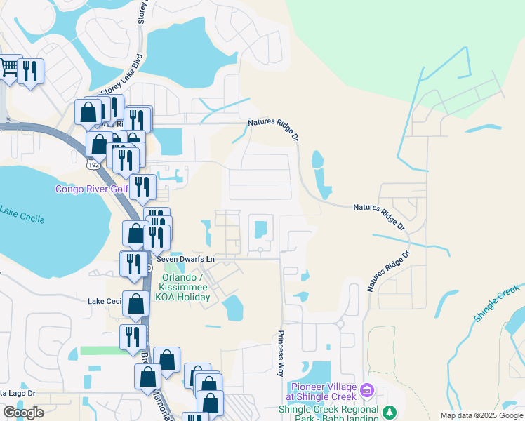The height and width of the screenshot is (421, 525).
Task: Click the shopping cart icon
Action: click(x=8, y=69)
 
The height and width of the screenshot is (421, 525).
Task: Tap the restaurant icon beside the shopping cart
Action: click(x=30, y=72)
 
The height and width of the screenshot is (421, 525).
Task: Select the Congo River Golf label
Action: click(x=91, y=189)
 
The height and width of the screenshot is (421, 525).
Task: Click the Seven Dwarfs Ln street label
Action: click(x=185, y=259)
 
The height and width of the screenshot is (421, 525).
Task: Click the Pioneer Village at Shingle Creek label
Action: click(x=322, y=390)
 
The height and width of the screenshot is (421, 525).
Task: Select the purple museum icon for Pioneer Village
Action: click(x=366, y=390)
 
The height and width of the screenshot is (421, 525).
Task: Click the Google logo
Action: click(x=23, y=413)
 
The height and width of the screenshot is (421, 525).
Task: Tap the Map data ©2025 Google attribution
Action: click(x=481, y=415)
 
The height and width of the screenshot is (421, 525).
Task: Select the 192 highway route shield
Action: click(x=92, y=163)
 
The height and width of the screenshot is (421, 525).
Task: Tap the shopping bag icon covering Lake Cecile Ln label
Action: click(x=135, y=303)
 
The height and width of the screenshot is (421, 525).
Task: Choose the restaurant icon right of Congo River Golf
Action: click(x=142, y=187)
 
